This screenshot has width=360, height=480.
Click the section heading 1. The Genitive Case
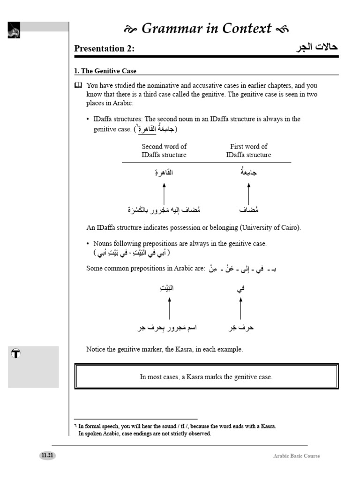coord(105,71)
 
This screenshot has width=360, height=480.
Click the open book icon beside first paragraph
coord(78,85)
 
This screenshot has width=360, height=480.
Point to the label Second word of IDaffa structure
coord(164,150)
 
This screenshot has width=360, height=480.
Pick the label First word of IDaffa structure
coord(248,150)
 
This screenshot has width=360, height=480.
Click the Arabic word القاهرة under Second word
coord(164,173)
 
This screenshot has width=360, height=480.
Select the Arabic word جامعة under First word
coord(248,173)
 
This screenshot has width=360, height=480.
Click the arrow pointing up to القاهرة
coord(164,193)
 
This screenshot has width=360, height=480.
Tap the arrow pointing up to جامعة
coord(248,193)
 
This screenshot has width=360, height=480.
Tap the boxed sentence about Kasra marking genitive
coord(206,377)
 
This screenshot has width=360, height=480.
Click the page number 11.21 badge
coord(47,456)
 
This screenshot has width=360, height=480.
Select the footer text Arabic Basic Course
coord(297,456)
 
